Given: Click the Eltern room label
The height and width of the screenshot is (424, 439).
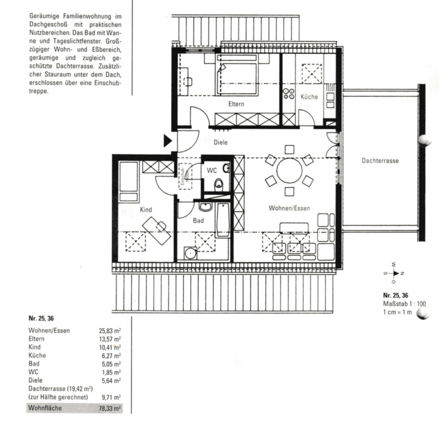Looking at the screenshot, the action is [236, 104].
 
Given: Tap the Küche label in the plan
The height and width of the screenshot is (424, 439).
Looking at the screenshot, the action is [309, 97].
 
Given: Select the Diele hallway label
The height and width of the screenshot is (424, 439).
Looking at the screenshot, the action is [221, 142].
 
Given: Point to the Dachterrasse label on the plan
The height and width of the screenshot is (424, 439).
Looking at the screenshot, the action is [380, 161].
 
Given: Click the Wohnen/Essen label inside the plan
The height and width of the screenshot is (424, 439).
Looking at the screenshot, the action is [289, 208].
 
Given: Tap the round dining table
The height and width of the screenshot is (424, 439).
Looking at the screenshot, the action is [290, 170].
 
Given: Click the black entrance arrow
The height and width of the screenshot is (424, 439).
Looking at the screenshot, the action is [167, 141].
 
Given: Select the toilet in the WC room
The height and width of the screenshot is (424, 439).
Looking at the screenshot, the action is [219, 185].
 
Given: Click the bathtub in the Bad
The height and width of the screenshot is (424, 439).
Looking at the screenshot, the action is [223, 220].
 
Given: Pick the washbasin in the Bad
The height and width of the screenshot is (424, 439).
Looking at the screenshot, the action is [206, 207].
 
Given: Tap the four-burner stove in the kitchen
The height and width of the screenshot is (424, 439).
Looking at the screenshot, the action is [289, 94].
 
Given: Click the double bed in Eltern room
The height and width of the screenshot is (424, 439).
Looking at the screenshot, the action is [236, 75].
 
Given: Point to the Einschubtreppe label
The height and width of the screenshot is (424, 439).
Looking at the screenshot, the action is [184, 176].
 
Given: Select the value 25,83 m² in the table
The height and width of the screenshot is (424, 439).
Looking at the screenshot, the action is [110, 331].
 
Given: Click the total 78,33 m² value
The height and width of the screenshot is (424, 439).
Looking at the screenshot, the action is [110, 408].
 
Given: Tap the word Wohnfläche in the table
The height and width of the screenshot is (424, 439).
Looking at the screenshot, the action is [45, 408].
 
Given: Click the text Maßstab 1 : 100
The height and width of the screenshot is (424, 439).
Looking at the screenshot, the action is [404, 304].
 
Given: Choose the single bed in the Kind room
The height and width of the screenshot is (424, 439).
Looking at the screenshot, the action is [129, 181].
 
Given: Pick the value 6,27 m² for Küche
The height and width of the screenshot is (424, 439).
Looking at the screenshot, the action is [111, 356].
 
